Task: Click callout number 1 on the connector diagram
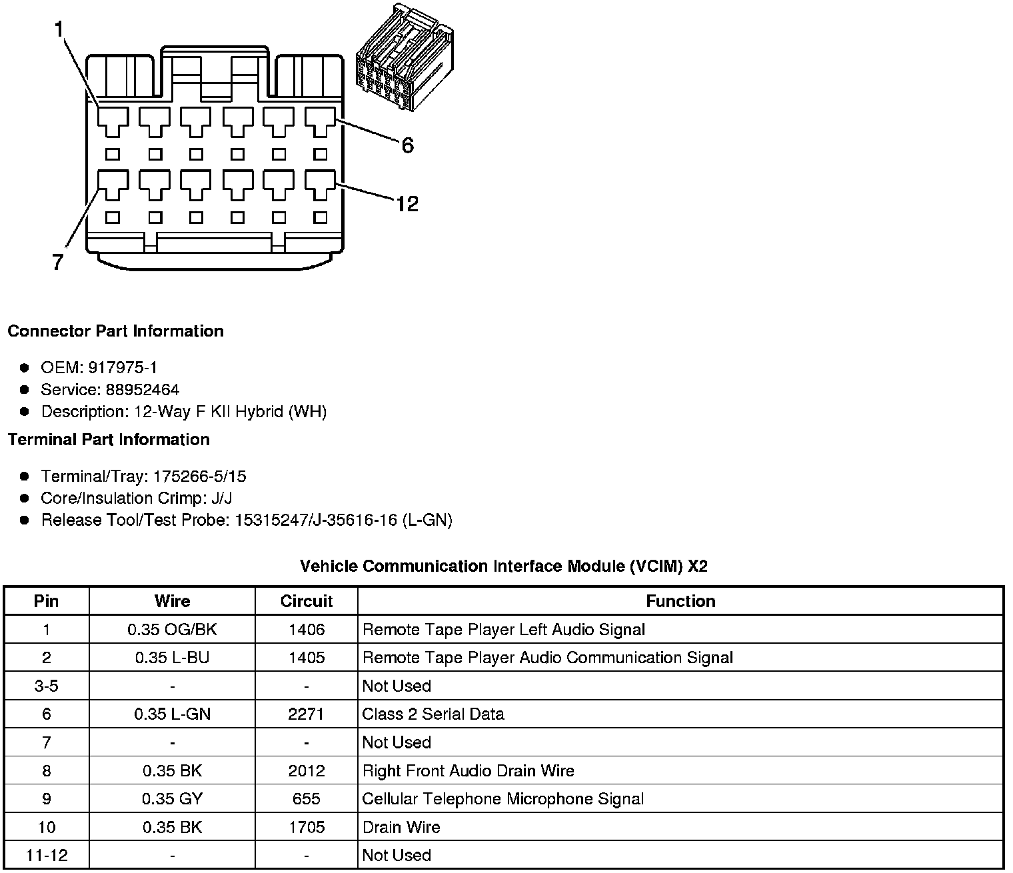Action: click(x=59, y=29)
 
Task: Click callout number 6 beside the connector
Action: click(x=407, y=145)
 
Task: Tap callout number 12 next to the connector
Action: click(x=407, y=203)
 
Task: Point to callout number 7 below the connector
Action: click(x=58, y=263)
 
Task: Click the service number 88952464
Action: click(x=142, y=389)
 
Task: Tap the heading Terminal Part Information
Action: click(x=109, y=439)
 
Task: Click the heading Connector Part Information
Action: click(x=115, y=331)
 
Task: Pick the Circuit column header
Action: click(x=307, y=601)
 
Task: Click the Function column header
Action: click(x=680, y=601)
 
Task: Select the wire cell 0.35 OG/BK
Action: click(x=172, y=630)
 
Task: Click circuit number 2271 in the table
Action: click(x=307, y=714)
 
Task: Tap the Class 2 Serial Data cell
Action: click(x=433, y=714)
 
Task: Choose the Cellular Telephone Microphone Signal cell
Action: click(x=503, y=799)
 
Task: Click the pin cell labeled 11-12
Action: click(x=47, y=855)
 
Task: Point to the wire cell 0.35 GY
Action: click(x=172, y=799)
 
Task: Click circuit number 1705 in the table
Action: click(x=307, y=827)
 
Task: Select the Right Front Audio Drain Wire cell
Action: click(x=468, y=771)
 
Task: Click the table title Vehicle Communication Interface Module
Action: click(x=503, y=566)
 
